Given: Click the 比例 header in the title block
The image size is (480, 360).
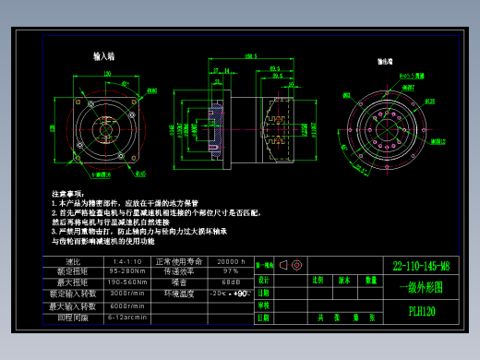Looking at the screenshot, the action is (318, 279).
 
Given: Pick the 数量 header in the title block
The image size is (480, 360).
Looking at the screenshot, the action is (370, 279).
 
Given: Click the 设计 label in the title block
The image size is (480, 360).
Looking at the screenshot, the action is (264, 279).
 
